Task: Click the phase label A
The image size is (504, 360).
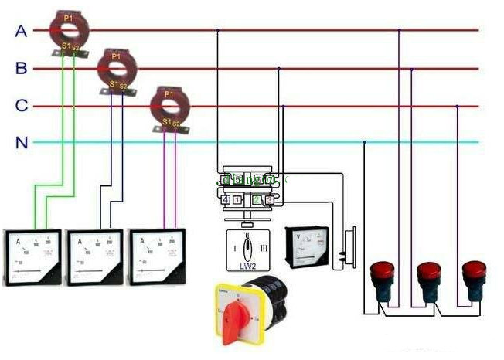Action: coord(22,31)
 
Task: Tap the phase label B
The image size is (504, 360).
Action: coord(22,69)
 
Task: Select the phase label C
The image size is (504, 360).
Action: coord(22,106)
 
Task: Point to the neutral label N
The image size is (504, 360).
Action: coord(22,142)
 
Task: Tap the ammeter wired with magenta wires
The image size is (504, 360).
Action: coord(155,258)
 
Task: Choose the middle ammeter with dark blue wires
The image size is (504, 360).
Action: coord(94,258)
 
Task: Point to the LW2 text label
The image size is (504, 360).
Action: coord(247,265)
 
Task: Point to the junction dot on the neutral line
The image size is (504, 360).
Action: coord(365,142)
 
